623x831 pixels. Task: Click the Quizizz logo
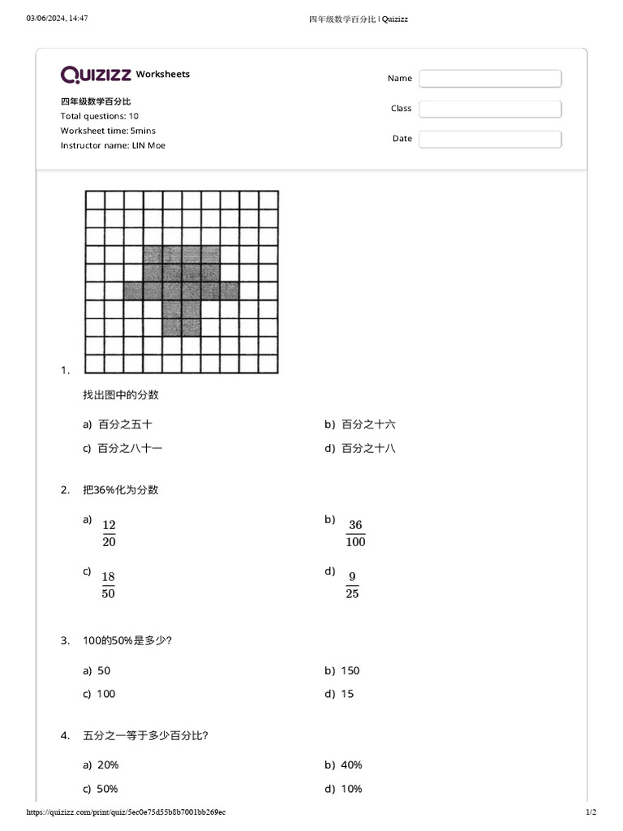tap(96, 75)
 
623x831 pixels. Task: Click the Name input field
tap(490, 79)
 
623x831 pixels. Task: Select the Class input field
tap(490, 109)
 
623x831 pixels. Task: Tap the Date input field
tap(490, 139)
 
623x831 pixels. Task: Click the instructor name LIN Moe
tap(148, 145)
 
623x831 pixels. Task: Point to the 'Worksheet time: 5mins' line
tap(108, 131)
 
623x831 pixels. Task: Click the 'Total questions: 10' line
tap(99, 116)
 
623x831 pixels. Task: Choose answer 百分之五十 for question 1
tap(125, 424)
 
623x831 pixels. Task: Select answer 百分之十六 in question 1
tap(368, 424)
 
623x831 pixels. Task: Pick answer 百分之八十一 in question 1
tap(130, 448)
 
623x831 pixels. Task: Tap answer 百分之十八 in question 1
tap(368, 448)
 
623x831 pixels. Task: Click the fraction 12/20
tap(109, 534)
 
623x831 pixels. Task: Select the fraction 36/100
tap(355, 534)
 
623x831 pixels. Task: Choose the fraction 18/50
tap(109, 586)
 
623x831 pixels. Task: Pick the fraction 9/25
tap(352, 586)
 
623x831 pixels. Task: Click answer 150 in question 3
tap(350, 670)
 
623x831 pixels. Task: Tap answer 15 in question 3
tap(348, 694)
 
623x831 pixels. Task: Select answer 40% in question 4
tap(352, 764)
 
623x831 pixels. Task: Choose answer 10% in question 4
tap(352, 789)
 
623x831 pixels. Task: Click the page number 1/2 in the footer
tap(591, 812)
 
